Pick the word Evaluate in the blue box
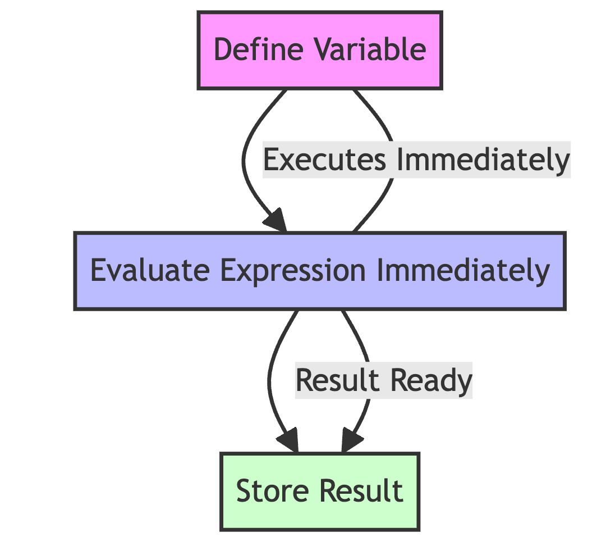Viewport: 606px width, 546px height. pos(148,271)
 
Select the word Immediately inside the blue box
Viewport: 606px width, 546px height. pos(460,271)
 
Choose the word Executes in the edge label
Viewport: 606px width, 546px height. pos(325,161)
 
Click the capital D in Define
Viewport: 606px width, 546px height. pos(223,49)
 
